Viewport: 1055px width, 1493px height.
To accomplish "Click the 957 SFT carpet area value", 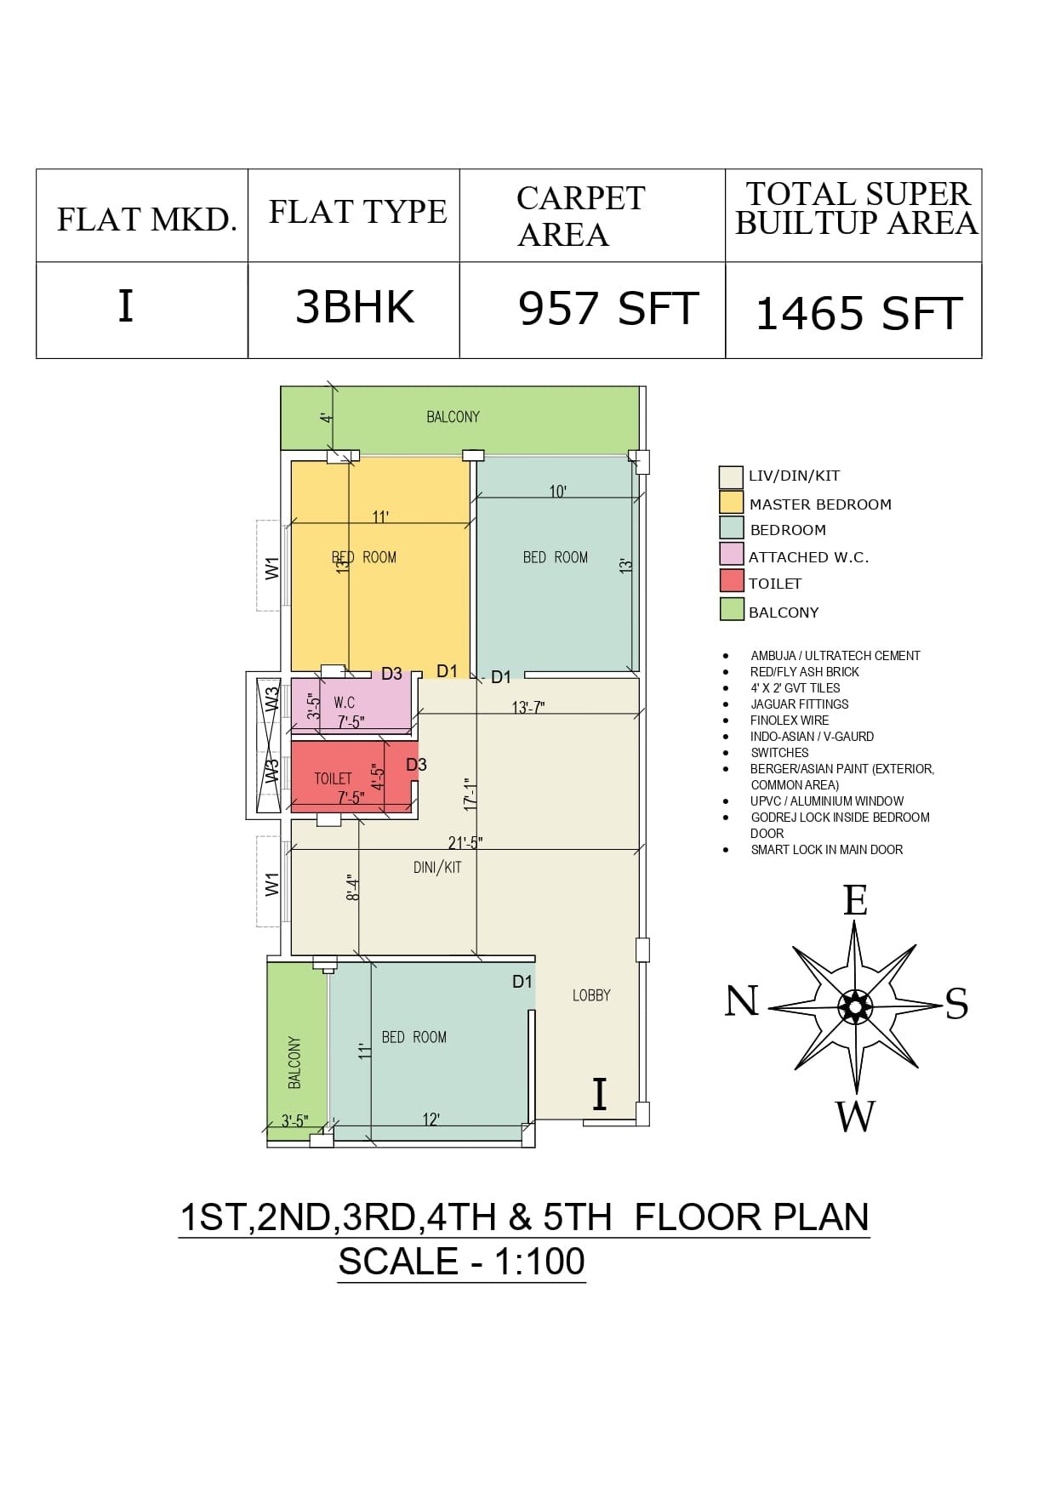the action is pyautogui.click(x=608, y=308).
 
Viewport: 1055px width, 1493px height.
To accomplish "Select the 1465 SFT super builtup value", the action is pyautogui.click(x=858, y=313).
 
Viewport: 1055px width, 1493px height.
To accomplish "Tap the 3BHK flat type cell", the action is pyautogui.click(x=355, y=307).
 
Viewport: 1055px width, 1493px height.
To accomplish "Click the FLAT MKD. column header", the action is pyautogui.click(x=146, y=219).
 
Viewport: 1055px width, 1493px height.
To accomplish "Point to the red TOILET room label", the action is pyautogui.click(x=333, y=778).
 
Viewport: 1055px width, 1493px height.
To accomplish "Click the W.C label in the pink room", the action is pyautogui.click(x=344, y=703).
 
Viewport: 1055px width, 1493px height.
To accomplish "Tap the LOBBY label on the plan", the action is pyautogui.click(x=591, y=995).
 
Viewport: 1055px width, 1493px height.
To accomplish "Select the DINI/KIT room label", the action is pyautogui.click(x=437, y=868).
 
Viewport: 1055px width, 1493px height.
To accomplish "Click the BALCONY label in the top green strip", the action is pyautogui.click(x=453, y=417).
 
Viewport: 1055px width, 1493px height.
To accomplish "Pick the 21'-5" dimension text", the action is pyautogui.click(x=465, y=842).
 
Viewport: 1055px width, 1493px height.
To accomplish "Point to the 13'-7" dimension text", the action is pyautogui.click(x=528, y=708).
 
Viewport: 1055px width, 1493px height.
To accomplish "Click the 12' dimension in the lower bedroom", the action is pyautogui.click(x=431, y=1120).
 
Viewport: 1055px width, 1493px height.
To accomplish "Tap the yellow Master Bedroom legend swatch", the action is pyautogui.click(x=731, y=503).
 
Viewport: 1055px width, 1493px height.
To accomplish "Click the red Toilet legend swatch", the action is pyautogui.click(x=732, y=582).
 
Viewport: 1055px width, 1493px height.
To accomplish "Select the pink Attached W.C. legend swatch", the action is pyautogui.click(x=732, y=555).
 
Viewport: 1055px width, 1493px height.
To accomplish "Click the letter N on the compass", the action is pyautogui.click(x=741, y=1000).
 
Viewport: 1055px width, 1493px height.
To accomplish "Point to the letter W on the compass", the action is pyautogui.click(x=855, y=1116).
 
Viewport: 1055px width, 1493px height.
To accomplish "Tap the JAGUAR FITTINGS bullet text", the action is pyautogui.click(x=799, y=704).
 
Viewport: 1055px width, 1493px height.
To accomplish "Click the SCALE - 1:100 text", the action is pyautogui.click(x=462, y=1261).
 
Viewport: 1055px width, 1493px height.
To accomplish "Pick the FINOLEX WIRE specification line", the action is pyautogui.click(x=790, y=721).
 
